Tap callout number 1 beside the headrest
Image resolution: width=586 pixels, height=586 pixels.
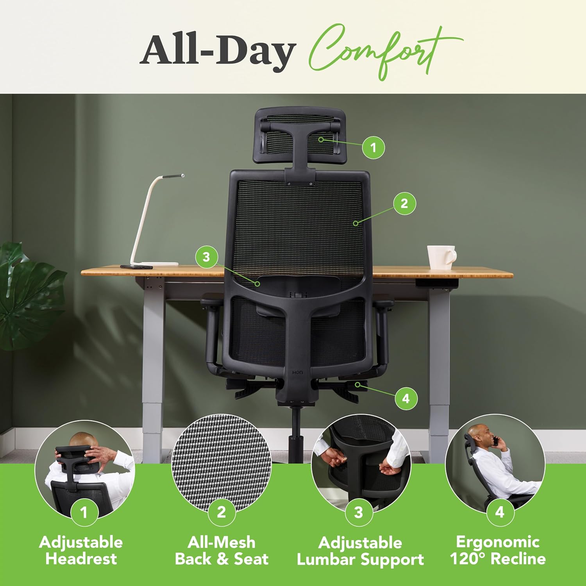(373, 147)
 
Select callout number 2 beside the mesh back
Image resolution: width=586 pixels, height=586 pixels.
(404, 203)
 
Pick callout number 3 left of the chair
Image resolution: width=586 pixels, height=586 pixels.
(206, 257)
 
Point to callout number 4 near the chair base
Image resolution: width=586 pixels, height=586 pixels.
(406, 398)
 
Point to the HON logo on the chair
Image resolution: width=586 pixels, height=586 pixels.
(297, 373)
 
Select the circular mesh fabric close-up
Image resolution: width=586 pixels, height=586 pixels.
(221, 463)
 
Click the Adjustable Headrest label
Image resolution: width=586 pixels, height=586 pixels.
(81, 550)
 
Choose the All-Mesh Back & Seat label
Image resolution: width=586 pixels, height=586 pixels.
(222, 550)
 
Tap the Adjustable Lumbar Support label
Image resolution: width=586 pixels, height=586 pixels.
(360, 551)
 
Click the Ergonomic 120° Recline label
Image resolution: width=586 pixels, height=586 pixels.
(498, 550)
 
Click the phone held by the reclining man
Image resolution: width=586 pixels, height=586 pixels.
(495, 441)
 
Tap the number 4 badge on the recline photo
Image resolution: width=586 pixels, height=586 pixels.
(500, 512)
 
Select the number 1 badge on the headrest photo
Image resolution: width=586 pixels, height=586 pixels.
(84, 512)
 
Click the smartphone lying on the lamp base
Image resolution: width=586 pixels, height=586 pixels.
(136, 267)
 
